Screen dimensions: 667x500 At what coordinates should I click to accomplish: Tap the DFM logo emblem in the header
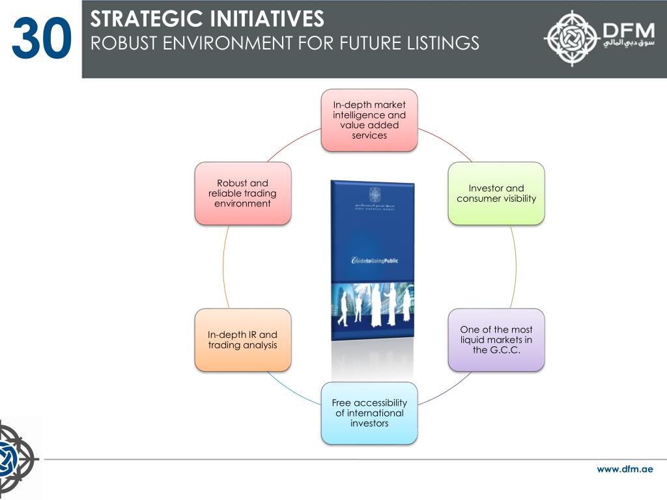(572, 38)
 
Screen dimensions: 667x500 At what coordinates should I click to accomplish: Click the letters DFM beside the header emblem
(627, 30)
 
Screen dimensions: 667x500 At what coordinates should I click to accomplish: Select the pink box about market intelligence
(369, 120)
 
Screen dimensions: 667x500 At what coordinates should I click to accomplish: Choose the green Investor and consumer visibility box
(496, 193)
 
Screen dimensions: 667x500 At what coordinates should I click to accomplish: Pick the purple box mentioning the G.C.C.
(496, 340)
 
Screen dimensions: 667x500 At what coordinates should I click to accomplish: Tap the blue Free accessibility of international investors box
(369, 413)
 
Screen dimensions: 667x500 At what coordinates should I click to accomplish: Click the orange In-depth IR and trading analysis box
(243, 340)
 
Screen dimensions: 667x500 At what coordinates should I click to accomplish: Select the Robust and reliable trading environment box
(243, 193)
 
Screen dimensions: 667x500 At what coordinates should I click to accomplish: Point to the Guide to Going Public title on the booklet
(374, 261)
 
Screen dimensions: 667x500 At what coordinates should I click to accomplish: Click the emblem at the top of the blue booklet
(374, 194)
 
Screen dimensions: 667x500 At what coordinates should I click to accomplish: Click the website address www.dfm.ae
(625, 469)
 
